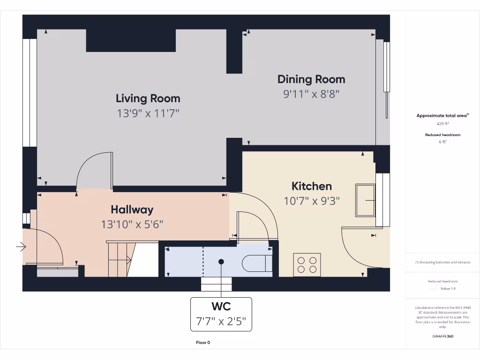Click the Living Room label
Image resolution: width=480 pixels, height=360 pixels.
click(x=148, y=98)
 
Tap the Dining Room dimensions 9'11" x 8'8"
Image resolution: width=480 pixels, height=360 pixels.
click(x=311, y=94)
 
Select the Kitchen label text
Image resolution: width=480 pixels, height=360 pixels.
click(x=312, y=186)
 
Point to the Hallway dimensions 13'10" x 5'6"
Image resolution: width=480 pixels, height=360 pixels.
click(x=132, y=225)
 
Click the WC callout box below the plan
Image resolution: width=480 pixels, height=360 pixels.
click(x=221, y=315)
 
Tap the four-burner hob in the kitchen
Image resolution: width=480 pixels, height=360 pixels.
click(x=307, y=264)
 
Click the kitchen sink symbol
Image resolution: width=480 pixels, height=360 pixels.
click(x=366, y=200)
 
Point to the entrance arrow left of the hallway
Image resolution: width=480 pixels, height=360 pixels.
click(x=21, y=246)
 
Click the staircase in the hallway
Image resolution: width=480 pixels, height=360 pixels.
click(x=120, y=259)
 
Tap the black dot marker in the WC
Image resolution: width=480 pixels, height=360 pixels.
click(x=221, y=262)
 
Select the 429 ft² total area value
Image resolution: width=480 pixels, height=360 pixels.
click(x=443, y=124)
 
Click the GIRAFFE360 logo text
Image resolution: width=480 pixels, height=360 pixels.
click(x=443, y=336)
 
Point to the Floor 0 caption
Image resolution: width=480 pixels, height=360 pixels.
click(x=203, y=343)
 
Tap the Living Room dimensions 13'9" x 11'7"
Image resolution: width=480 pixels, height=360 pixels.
click(x=148, y=113)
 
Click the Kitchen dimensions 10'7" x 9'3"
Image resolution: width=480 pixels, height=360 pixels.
click(x=312, y=201)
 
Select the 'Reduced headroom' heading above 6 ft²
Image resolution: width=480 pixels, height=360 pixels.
click(x=443, y=135)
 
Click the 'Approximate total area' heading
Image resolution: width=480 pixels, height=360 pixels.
click(x=442, y=115)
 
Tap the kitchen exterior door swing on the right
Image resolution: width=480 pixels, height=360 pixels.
click(x=356, y=248)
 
